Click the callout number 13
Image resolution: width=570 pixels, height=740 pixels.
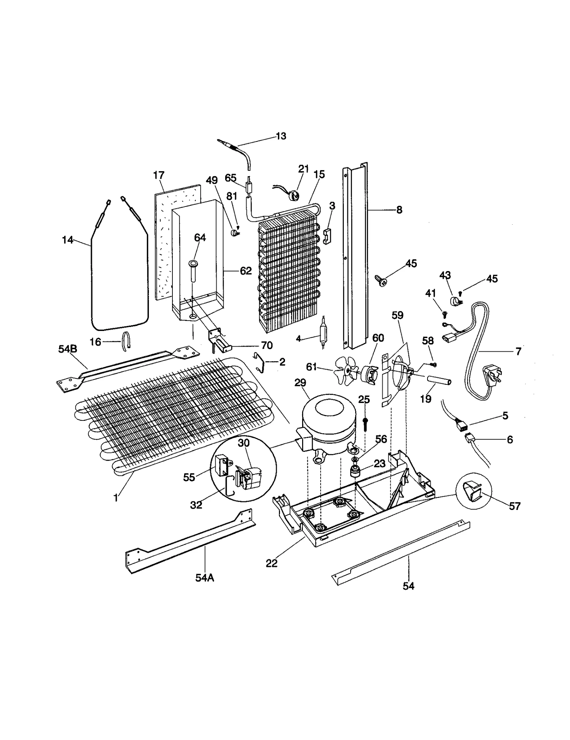tap(281, 136)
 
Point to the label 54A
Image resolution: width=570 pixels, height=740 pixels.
tap(204, 578)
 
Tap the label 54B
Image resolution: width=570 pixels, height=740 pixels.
tap(68, 349)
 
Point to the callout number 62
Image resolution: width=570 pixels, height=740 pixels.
tap(246, 271)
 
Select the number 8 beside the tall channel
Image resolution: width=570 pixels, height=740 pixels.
tap(399, 210)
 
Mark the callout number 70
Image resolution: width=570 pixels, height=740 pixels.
tap(266, 345)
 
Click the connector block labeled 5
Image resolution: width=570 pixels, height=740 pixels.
tap(461, 425)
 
